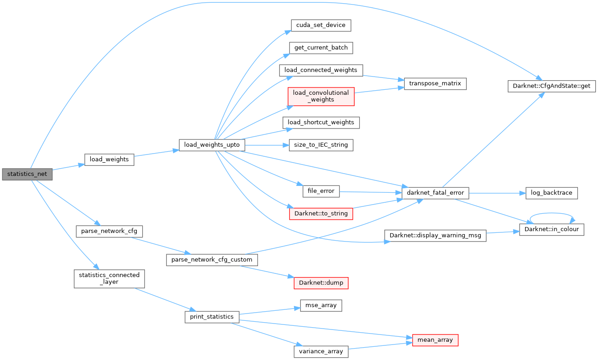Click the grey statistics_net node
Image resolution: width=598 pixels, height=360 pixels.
click(x=27, y=174)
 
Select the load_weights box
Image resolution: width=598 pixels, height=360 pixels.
click(x=109, y=159)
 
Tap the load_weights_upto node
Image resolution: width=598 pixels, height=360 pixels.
click(x=212, y=145)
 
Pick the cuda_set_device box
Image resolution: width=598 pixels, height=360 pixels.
click(x=321, y=25)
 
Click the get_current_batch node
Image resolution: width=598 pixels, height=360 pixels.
click(x=321, y=47)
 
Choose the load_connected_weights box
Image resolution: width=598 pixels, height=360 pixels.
click(x=321, y=70)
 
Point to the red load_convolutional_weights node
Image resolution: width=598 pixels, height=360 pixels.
click(x=321, y=96)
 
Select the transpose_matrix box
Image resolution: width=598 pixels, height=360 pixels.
click(x=435, y=83)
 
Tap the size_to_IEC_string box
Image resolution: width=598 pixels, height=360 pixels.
click(x=321, y=145)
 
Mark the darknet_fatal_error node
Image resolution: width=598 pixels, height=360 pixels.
click(x=435, y=193)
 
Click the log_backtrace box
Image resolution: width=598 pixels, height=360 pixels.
click(x=552, y=193)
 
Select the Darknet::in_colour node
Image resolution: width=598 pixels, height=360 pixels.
click(x=552, y=229)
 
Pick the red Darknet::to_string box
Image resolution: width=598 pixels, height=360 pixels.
click(x=321, y=213)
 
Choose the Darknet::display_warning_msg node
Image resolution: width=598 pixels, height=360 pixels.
click(x=435, y=236)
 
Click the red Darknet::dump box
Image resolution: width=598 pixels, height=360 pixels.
click(x=321, y=283)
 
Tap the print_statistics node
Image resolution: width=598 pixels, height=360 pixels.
click(x=211, y=317)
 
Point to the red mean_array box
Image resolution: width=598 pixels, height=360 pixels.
click(x=435, y=340)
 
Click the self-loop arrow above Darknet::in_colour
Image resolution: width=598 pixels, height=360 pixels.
click(x=552, y=213)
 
